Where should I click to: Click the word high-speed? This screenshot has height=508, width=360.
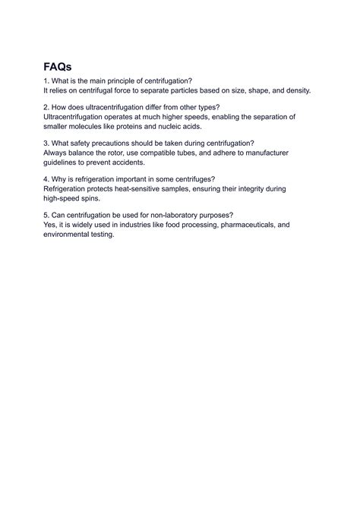(x=64, y=200)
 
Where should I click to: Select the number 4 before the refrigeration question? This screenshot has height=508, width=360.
(x=46, y=180)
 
